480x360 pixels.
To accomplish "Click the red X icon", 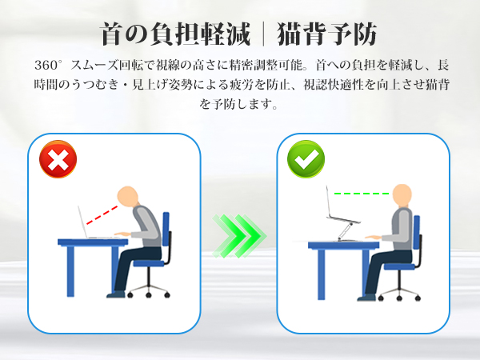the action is pyautogui.click(x=58, y=159).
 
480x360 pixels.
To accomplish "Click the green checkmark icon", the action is pyautogui.click(x=306, y=159).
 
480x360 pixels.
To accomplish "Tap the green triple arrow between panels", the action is pyautogui.click(x=239, y=236).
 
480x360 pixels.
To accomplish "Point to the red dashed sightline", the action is pyautogui.click(x=102, y=215).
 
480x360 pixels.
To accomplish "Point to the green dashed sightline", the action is pyautogui.click(x=362, y=194).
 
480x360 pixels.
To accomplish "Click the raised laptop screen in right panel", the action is pyautogui.click(x=330, y=202).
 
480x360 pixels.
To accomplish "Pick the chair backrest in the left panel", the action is pyautogui.click(x=166, y=229).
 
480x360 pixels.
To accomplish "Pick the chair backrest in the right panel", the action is pyautogui.click(x=417, y=232).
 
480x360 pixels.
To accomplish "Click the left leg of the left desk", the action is pyautogui.click(x=70, y=270).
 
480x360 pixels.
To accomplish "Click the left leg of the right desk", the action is pyautogui.click(x=322, y=274).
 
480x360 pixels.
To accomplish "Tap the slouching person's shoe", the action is pyautogui.click(x=116, y=294).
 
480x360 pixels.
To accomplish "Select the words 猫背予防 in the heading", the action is pyautogui.click(x=326, y=34).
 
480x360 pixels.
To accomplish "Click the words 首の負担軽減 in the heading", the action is pyautogui.click(x=175, y=34).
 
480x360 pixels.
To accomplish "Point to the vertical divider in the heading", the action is pyautogui.click(x=263, y=34).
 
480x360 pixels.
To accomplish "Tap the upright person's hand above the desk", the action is pyautogui.click(x=373, y=237).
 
